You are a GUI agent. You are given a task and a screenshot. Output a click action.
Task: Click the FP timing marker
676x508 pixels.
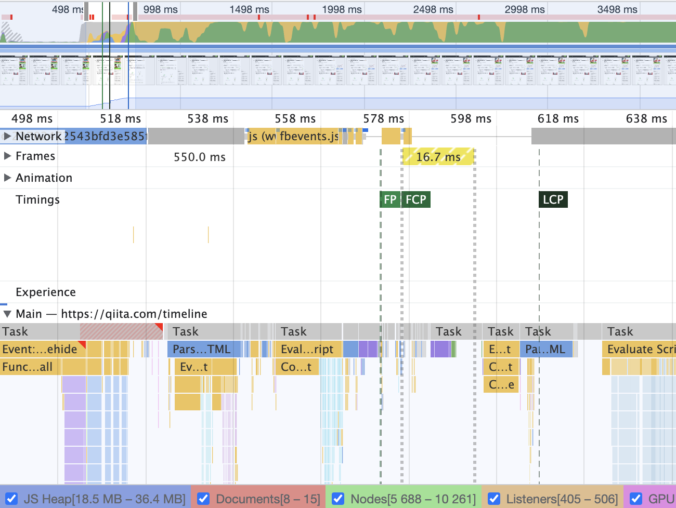[x=390, y=199]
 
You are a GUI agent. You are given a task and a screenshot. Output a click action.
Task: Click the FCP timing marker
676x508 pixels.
[x=416, y=199]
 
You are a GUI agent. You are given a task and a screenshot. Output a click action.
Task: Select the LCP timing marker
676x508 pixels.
[x=553, y=199]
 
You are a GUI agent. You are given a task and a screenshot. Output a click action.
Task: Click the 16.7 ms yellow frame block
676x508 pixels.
[x=438, y=156]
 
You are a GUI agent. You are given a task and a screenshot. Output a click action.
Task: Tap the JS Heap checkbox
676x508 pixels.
[x=11, y=499]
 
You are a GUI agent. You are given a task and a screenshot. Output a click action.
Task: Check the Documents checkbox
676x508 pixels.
[x=204, y=499]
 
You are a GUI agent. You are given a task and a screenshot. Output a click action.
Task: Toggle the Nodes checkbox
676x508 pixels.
[x=338, y=499]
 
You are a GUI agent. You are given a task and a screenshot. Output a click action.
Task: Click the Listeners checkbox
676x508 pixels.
[x=494, y=499]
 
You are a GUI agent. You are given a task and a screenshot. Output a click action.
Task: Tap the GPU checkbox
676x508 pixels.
[x=636, y=499]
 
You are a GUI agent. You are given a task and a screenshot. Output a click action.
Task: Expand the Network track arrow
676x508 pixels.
[x=7, y=136]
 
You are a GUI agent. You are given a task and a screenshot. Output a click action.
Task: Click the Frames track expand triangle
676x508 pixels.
[x=7, y=156]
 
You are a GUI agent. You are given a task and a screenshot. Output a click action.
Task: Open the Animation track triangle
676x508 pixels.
[x=7, y=178]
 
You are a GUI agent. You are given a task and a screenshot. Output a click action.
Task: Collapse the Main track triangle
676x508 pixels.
[x=7, y=314]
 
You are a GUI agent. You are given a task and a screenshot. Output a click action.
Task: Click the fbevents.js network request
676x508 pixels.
[x=309, y=136]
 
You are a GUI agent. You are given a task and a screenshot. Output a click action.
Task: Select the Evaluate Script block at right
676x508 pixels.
[x=640, y=349]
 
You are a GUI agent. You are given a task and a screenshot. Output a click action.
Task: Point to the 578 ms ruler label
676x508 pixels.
[x=383, y=118]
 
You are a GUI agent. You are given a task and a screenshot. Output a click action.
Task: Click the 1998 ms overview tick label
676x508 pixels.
[x=342, y=9]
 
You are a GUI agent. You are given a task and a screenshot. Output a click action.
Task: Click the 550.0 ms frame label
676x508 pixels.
[x=200, y=157]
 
